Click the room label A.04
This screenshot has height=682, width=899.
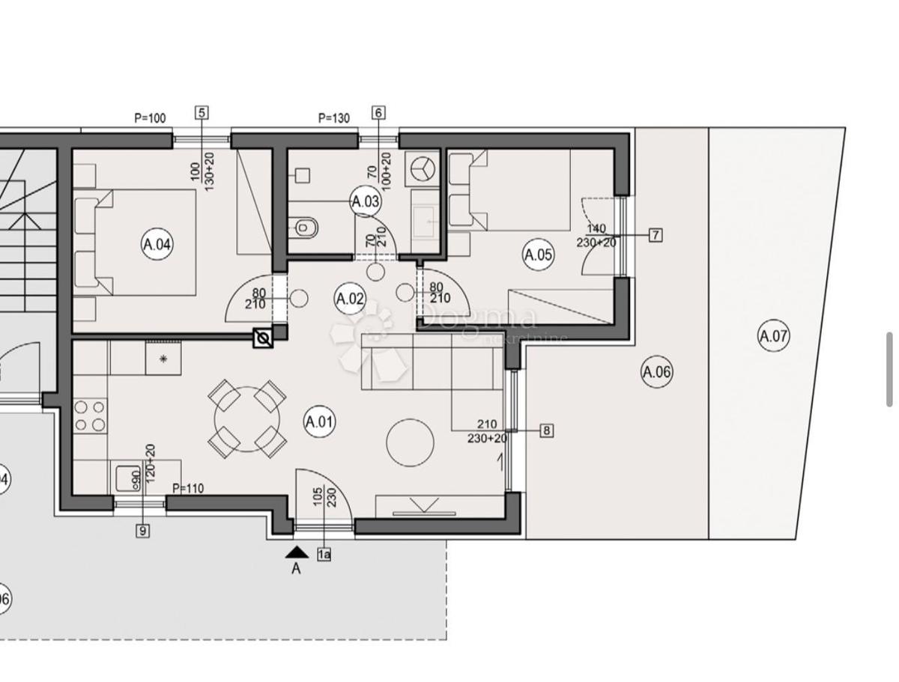(x=157, y=244)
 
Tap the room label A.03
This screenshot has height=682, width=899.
(x=366, y=201)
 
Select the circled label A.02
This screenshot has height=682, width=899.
(x=349, y=299)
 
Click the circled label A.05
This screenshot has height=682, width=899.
(x=538, y=255)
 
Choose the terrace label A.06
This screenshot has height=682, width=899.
(x=656, y=372)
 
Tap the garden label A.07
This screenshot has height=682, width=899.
(x=774, y=336)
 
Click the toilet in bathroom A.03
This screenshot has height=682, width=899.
(x=305, y=225)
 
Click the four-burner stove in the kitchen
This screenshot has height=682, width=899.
(x=90, y=416)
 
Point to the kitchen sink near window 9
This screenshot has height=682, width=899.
(x=127, y=476)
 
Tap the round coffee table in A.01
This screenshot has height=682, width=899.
(x=410, y=442)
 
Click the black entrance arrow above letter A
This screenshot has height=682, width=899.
(x=297, y=552)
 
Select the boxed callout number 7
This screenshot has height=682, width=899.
(x=656, y=235)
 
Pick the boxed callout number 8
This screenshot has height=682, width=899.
(x=547, y=430)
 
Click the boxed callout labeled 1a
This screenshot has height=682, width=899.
(x=324, y=555)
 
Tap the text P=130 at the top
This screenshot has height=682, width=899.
(x=334, y=118)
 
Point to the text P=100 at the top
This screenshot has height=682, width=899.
(x=150, y=118)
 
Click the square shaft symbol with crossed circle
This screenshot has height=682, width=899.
(x=263, y=338)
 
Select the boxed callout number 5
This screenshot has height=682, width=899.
(x=201, y=113)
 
